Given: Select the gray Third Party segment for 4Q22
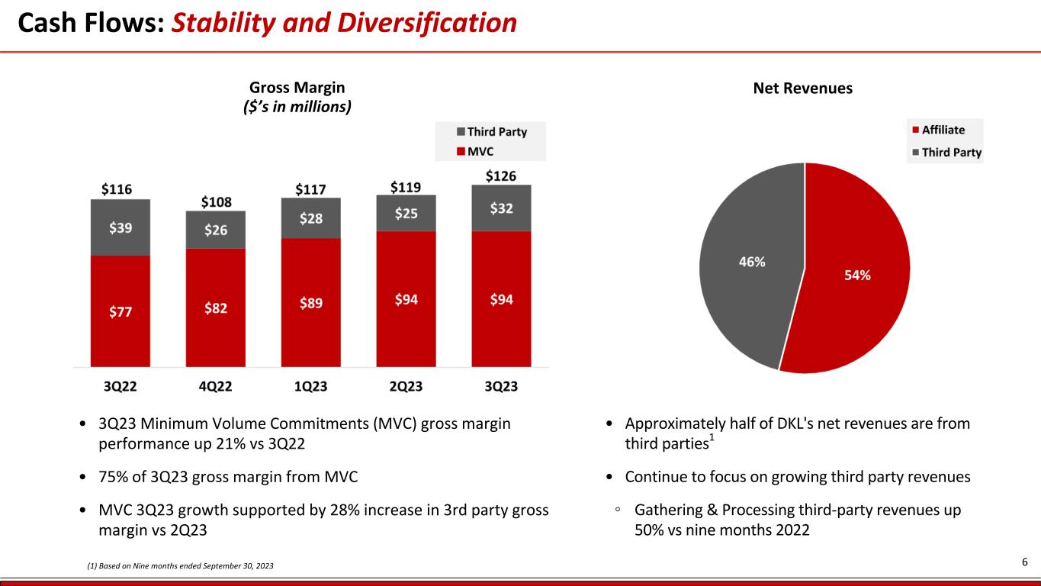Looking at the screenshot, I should click(215, 230).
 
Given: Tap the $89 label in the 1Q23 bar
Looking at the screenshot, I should click(310, 302).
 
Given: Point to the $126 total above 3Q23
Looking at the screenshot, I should click(501, 176).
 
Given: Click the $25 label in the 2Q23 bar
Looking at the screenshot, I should click(406, 214).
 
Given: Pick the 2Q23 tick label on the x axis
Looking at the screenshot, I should click(406, 386).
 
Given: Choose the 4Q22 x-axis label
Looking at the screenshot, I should click(215, 386).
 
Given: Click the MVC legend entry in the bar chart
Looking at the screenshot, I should click(480, 151).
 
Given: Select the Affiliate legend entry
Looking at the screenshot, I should click(943, 130).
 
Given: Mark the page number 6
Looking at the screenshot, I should click(1025, 562).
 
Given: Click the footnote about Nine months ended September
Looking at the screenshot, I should click(179, 565).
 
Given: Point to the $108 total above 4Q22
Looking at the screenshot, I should click(215, 202).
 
